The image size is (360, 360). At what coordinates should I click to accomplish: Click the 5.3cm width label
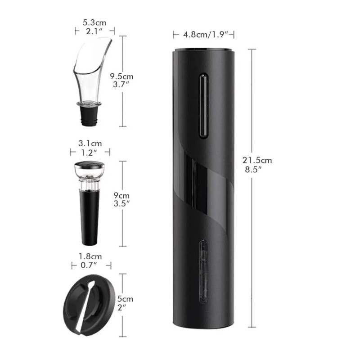tap(94, 23)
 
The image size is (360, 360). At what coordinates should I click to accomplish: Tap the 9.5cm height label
tap(121, 76)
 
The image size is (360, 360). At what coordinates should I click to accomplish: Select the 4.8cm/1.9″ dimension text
tap(206, 35)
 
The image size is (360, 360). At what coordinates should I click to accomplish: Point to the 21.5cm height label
tap(257, 160)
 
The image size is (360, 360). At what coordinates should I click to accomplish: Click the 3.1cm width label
tap(90, 144)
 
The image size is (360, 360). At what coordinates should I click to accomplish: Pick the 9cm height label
tap(121, 195)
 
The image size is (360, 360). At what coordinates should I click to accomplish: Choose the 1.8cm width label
tap(90, 256)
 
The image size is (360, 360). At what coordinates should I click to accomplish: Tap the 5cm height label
tap(125, 299)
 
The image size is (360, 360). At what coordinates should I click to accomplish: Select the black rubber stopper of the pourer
tap(89, 116)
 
